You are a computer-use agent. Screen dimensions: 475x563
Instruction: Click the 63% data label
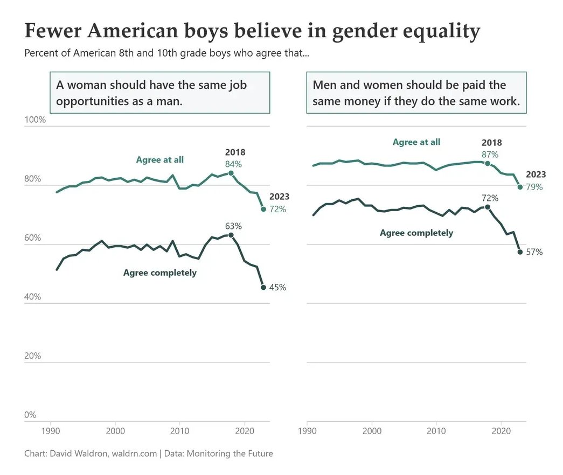pyautogui.click(x=234, y=226)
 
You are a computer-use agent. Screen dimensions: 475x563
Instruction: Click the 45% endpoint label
pyautogui.click(x=277, y=288)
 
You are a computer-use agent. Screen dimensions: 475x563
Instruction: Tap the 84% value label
pyautogui.click(x=234, y=164)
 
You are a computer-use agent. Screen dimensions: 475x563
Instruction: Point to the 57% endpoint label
pyautogui.click(x=534, y=252)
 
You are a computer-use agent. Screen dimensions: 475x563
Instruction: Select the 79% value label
pyautogui.click(x=534, y=187)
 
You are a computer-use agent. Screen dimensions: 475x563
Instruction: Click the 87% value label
pyautogui.click(x=490, y=155)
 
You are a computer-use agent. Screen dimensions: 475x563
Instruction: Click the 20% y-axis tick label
pyautogui.click(x=33, y=356)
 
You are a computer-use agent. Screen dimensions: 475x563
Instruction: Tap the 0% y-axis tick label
pyautogui.click(x=31, y=415)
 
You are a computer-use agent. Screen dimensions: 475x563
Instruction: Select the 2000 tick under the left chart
pyautogui.click(x=115, y=431)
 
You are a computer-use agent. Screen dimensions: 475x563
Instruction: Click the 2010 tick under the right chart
pyautogui.click(x=436, y=431)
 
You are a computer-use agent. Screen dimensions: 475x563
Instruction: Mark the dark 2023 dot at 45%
pyautogui.click(x=263, y=287)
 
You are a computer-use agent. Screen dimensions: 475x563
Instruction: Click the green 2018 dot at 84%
pyautogui.click(x=231, y=173)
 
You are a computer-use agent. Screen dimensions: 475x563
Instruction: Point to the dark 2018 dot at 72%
pyautogui.click(x=488, y=207)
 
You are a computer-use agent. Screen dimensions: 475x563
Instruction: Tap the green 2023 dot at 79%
pyautogui.click(x=520, y=187)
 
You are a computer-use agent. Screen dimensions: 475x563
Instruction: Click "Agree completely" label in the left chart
pyautogui.click(x=160, y=273)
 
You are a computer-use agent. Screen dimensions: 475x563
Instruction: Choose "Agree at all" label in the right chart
pyautogui.click(x=416, y=142)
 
